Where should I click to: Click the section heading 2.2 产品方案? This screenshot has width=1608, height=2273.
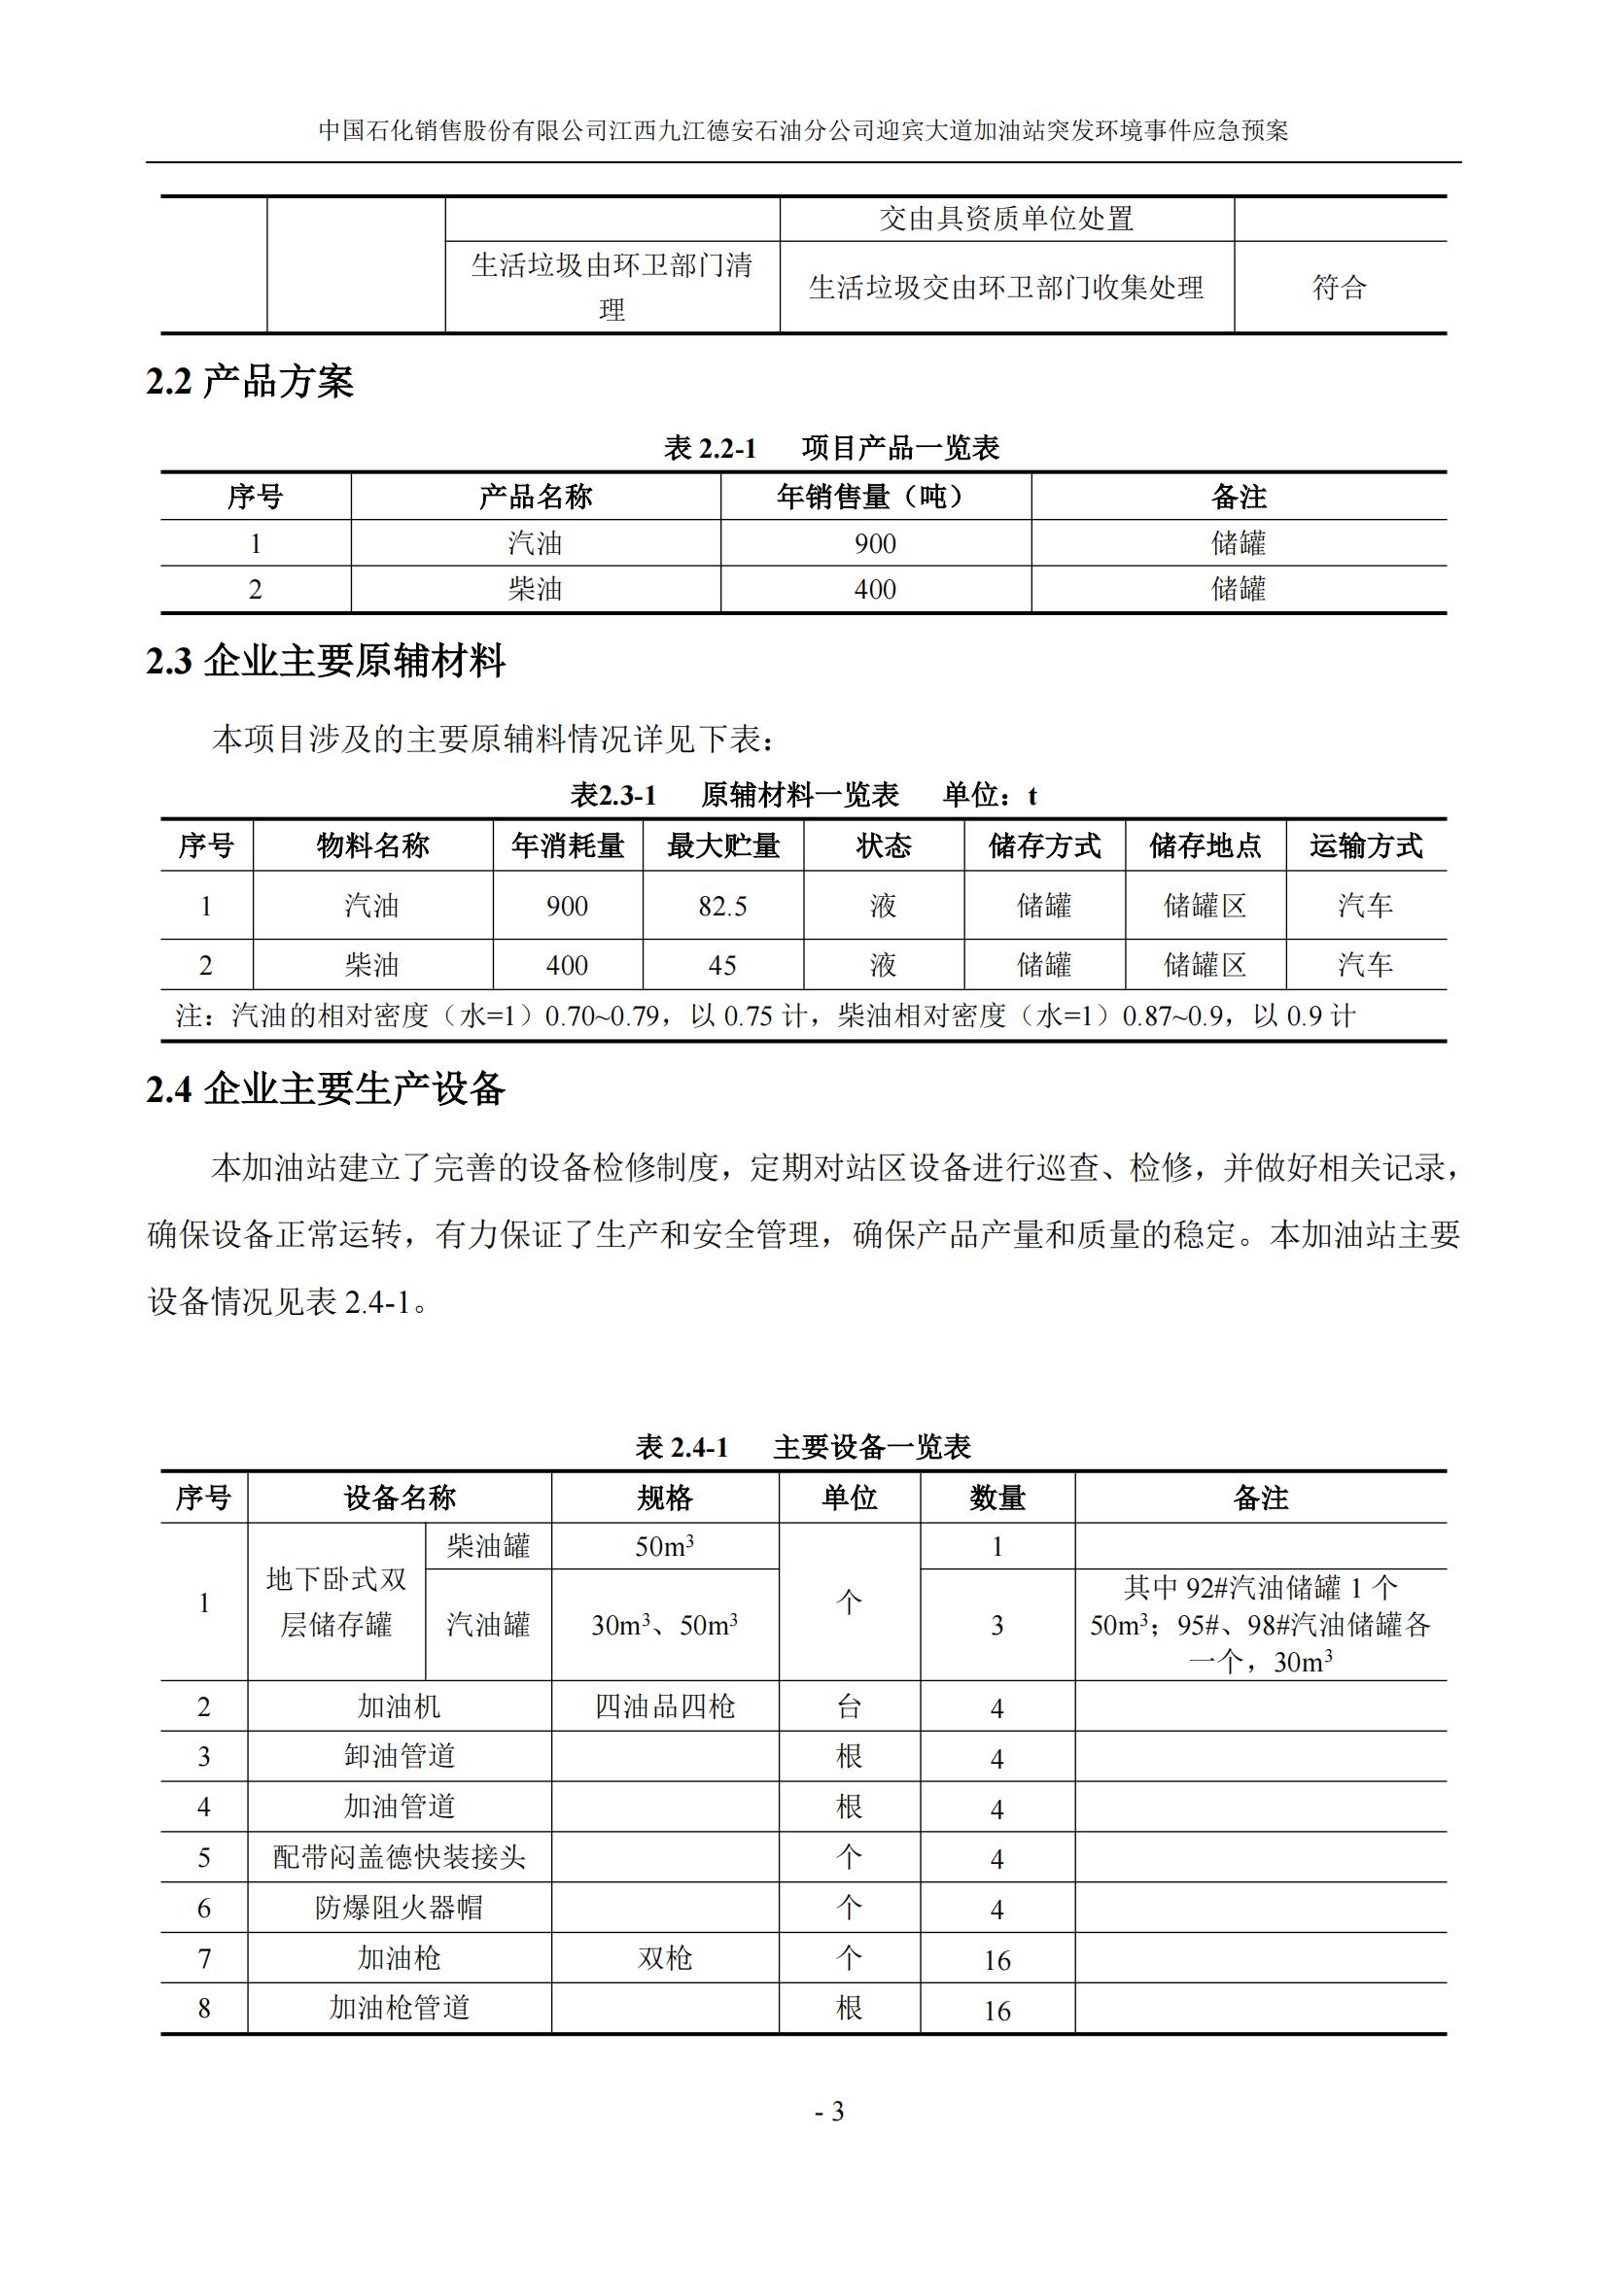pyautogui.click(x=250, y=382)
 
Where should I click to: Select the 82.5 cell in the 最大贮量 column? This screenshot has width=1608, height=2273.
pyautogui.click(x=721, y=906)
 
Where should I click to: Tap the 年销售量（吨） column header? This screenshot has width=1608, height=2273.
pyautogui.click(x=874, y=496)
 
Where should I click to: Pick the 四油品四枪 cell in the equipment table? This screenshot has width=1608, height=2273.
pyautogui.click(x=664, y=1705)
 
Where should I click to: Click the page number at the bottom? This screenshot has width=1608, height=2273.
pyautogui.click(x=829, y=2112)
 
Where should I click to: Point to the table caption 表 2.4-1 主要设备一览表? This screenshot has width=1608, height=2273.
pyautogui.click(x=802, y=1446)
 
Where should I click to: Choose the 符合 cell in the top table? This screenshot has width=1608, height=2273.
pyautogui.click(x=1339, y=287)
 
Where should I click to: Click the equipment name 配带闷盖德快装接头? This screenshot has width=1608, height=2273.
pyautogui.click(x=399, y=1857)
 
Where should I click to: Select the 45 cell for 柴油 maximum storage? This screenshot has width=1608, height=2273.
pyautogui.click(x=721, y=965)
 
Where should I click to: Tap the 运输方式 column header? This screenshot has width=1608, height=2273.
pyautogui.click(x=1365, y=845)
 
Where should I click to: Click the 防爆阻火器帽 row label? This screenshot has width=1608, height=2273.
pyautogui.click(x=399, y=1908)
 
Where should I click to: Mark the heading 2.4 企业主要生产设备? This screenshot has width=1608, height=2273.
pyautogui.click(x=326, y=1089)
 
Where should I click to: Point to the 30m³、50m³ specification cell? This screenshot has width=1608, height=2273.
pyautogui.click(x=664, y=1625)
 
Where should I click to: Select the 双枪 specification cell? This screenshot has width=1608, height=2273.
pyautogui.click(x=664, y=1958)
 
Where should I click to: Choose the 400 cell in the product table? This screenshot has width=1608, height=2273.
pyautogui.click(x=874, y=589)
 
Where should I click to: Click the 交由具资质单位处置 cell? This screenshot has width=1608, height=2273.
pyautogui.click(x=1006, y=219)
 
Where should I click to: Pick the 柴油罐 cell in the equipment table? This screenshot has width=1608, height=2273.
pyautogui.click(x=488, y=1546)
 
